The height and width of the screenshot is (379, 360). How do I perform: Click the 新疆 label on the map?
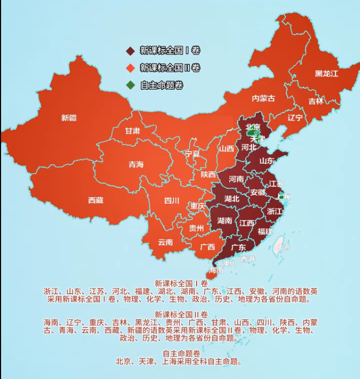tap(69, 117)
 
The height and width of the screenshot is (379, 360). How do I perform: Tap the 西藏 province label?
tap(96, 200)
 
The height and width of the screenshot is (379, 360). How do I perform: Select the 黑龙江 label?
tap(326, 73)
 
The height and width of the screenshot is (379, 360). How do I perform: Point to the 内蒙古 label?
tap(263, 98)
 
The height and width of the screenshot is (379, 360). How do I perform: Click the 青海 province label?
tap(136, 164)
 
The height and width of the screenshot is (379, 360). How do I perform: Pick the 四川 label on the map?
tap(172, 201)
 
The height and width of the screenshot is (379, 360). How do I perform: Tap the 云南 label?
tap(165, 242)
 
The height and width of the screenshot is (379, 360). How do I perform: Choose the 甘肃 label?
tap(133, 130)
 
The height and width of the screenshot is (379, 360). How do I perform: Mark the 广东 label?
tap(238, 247)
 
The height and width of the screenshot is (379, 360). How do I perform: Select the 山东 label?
tap(267, 160)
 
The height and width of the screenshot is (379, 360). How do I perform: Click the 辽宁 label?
tap(295, 117)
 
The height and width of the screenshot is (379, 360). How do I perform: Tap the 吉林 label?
tap(315, 101)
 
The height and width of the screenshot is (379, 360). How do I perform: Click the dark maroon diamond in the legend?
tap(130, 51)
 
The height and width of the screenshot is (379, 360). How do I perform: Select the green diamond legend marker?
tap(130, 85)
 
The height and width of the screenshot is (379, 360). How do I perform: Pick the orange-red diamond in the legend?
tap(130, 68)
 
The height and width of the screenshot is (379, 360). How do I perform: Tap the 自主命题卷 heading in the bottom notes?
tap(181, 353)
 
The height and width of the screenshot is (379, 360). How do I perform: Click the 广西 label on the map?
tap(208, 247)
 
